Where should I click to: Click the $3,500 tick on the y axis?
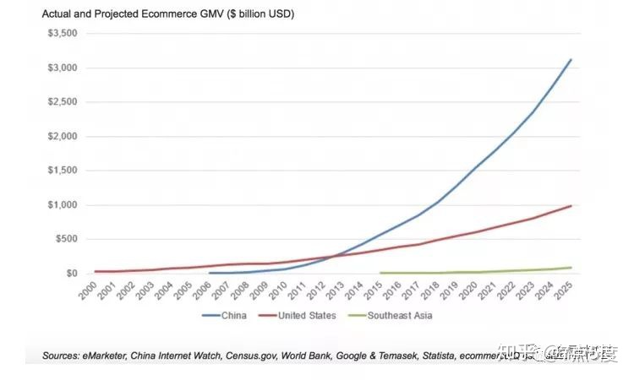pyautogui.click(x=61, y=34)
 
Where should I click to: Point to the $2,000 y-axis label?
pyautogui.click(x=61, y=137)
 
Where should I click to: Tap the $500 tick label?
pyautogui.click(x=66, y=239)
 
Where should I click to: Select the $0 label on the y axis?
pyautogui.click(x=72, y=274)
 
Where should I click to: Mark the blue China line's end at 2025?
pyautogui.click(x=571, y=60)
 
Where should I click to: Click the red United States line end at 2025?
pyautogui.click(x=571, y=205)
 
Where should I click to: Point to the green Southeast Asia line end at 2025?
pyautogui.click(x=571, y=268)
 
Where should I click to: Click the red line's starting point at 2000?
pyautogui.click(x=96, y=271)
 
